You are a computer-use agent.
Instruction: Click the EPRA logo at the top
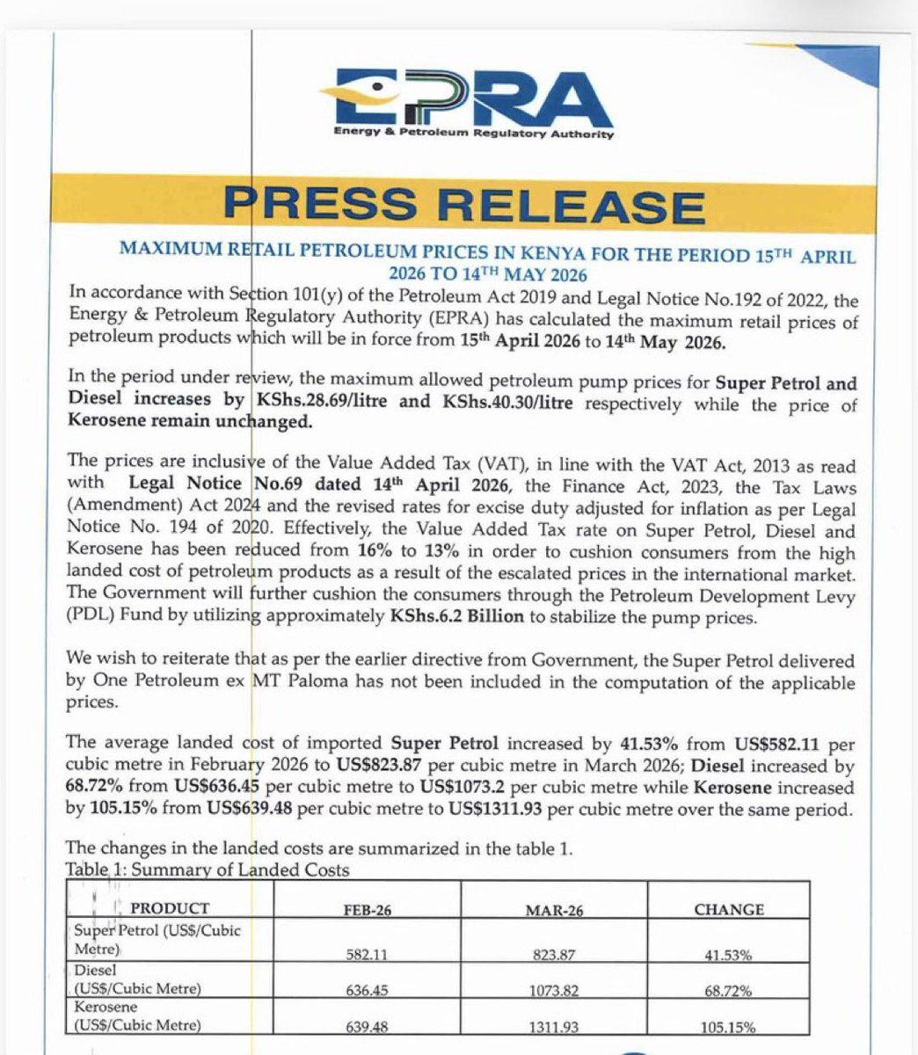click(466, 101)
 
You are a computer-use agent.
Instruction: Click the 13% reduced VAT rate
click(513, 554)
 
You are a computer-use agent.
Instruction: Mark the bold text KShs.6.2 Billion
click(456, 616)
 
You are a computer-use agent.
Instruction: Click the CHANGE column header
click(729, 910)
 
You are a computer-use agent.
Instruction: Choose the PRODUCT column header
click(170, 908)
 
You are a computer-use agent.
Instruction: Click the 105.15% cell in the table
click(729, 1027)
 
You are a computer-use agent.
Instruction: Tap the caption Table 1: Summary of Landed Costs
click(208, 870)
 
